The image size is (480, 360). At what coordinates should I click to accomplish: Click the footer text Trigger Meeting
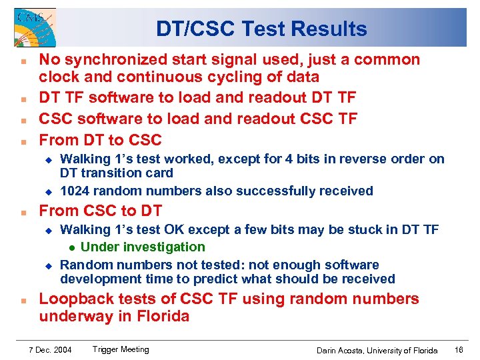coord(121,349)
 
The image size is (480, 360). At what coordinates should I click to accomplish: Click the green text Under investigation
coord(143,247)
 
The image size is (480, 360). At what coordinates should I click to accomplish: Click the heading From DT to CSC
coord(100,140)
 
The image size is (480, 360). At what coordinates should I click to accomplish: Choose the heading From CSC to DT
coord(100,211)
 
